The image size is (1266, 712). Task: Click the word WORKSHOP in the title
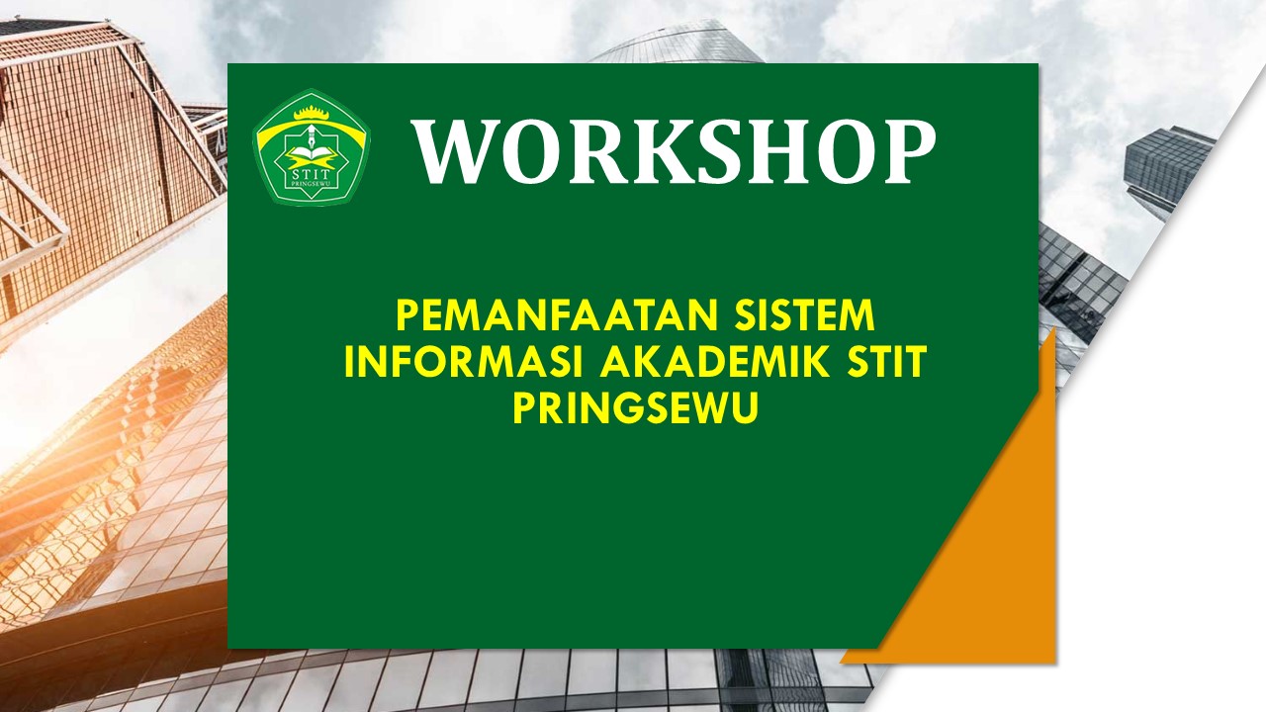click(675, 151)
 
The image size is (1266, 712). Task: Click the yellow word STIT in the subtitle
click(886, 363)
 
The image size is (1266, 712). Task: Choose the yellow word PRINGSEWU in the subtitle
click(635, 408)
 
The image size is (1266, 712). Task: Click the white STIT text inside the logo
click(312, 176)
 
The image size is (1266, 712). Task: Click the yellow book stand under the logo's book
click(312, 164)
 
